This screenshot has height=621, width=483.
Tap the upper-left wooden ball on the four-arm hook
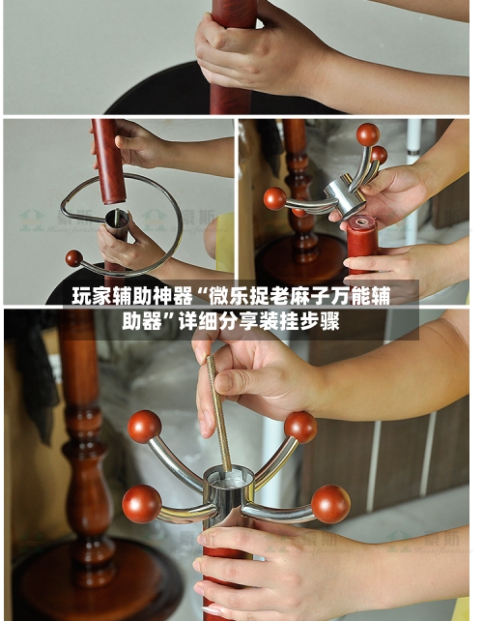point(144,426)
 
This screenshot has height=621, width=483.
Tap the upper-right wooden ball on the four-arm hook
point(299,427)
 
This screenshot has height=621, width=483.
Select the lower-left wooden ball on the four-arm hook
point(141,503)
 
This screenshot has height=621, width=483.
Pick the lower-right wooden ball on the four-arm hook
point(330,503)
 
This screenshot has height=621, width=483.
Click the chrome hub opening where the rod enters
point(230,476)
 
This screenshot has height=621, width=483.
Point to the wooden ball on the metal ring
point(73,258)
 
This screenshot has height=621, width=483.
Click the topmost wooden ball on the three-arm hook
point(367,134)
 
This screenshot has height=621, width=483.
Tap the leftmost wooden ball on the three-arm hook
point(275,198)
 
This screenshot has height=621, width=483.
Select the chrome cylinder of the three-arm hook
point(345,194)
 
